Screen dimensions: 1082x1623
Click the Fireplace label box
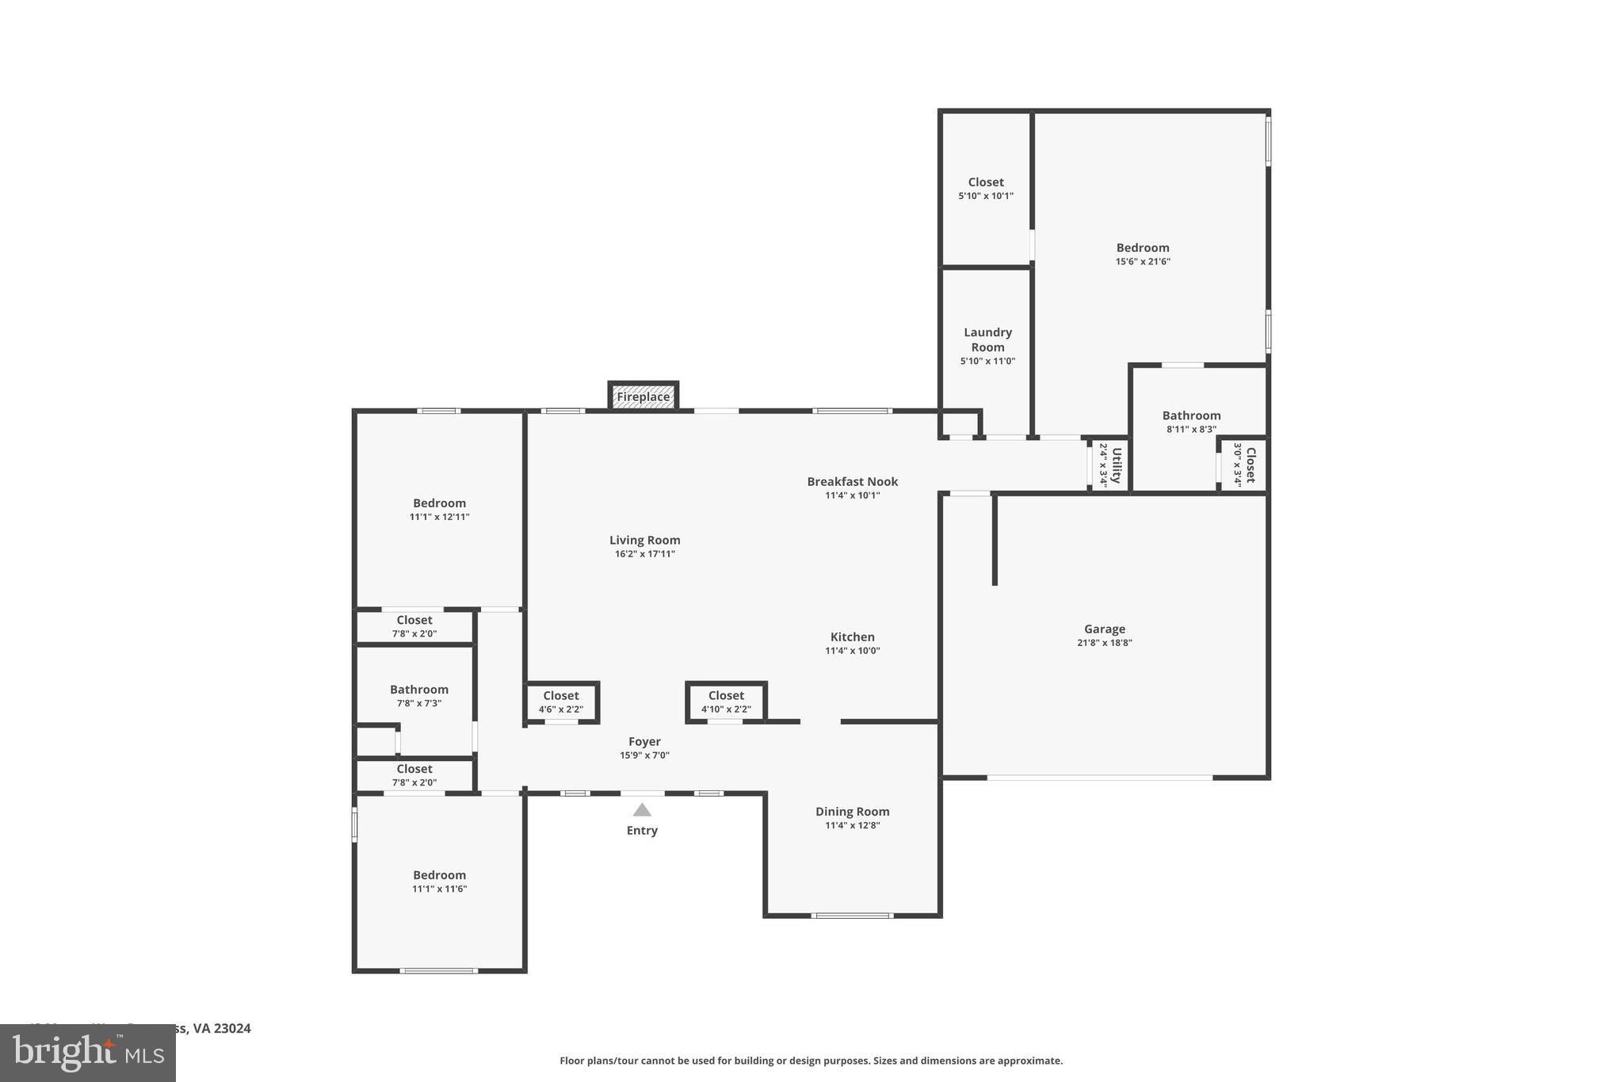[x=643, y=396]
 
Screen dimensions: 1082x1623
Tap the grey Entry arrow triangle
[x=642, y=810]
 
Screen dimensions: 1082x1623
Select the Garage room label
[x=1104, y=629]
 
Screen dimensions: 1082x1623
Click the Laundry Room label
[x=987, y=340]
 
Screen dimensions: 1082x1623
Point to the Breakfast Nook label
[x=852, y=482]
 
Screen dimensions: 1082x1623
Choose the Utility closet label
[x=1116, y=465]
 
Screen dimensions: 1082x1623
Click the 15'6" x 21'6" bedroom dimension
[x=1142, y=262]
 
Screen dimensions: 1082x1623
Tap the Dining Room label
[x=852, y=812]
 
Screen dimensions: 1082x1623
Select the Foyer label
[x=644, y=742]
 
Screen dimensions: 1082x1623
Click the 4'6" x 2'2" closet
[x=561, y=702]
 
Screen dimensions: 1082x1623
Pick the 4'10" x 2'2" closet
[x=726, y=702]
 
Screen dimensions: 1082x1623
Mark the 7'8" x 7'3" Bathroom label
[x=419, y=690]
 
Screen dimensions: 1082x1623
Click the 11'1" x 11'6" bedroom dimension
[x=439, y=889]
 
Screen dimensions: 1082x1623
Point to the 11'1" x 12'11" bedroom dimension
[x=439, y=517]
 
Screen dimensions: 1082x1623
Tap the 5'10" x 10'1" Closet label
[x=986, y=182]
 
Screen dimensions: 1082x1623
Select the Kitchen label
[x=852, y=637]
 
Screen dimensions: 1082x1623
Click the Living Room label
[x=644, y=541]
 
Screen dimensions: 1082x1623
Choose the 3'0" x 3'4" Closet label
[x=1250, y=465]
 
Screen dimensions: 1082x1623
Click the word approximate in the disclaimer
[x=1029, y=1061]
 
